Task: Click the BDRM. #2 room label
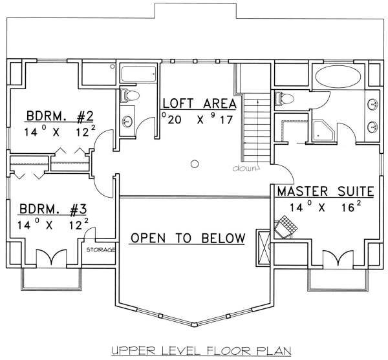(60, 116)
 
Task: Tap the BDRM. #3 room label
(53, 209)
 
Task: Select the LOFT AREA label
(200, 103)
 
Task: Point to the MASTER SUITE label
(325, 191)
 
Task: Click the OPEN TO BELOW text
(188, 238)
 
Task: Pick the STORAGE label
(101, 250)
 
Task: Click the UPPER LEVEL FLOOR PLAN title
(201, 350)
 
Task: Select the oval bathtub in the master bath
(338, 77)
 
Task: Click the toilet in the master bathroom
(285, 99)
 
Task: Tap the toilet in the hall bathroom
(129, 96)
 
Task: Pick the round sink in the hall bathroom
(127, 122)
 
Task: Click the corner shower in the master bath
(323, 131)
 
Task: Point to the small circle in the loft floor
(195, 164)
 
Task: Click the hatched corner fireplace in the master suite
(285, 227)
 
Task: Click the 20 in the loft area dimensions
(175, 120)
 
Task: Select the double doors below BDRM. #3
(52, 259)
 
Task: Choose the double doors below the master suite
(338, 259)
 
